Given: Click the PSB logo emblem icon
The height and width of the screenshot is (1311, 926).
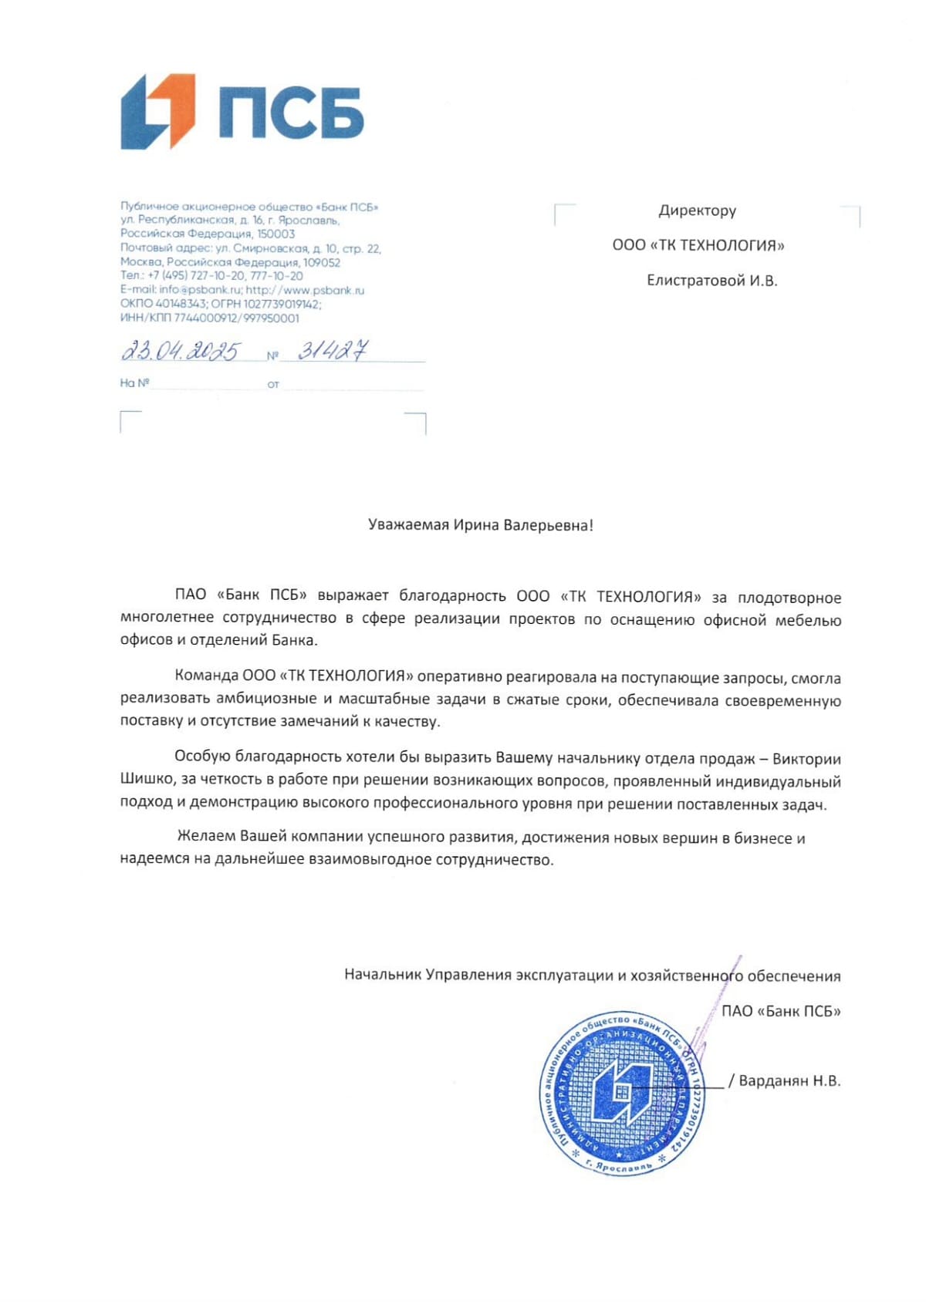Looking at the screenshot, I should [157, 111].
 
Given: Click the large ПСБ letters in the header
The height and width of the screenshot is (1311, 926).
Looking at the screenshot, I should [291, 113].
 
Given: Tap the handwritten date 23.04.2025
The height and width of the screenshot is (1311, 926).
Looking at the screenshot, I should [181, 352].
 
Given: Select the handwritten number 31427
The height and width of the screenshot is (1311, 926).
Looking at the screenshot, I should [333, 351].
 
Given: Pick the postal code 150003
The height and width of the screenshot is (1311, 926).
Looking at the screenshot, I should [275, 234].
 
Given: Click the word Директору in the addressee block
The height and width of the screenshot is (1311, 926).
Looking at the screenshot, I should [697, 211].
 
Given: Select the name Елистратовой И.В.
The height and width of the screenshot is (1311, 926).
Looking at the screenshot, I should [711, 281].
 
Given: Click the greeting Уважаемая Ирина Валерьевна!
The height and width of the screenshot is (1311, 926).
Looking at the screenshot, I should [481, 526].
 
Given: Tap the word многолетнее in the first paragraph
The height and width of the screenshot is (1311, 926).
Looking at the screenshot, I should [167, 618].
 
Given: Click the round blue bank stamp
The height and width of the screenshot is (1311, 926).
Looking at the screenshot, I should [622, 1093].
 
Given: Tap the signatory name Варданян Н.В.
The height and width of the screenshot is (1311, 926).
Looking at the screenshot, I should [789, 1081].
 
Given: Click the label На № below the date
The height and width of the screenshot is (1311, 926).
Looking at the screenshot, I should [134, 383].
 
